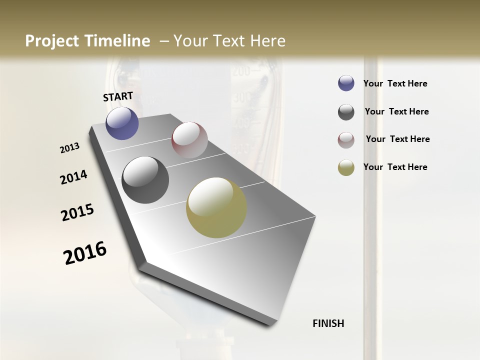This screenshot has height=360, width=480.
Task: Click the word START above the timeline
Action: pos(118,96)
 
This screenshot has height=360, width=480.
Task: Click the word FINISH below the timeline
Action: pos(328,323)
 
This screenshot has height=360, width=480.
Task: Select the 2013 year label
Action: pos(70,148)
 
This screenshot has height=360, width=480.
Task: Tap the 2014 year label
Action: pos(73,177)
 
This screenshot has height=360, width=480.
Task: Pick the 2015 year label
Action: pos(77,212)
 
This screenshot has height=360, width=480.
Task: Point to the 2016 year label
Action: pos(85,252)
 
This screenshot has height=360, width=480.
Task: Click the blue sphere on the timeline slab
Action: pos(122,123)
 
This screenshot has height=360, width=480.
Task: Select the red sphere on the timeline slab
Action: pos(189,139)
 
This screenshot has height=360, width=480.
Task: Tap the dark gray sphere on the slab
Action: pos(145,180)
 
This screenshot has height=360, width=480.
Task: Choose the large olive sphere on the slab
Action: pos(216,207)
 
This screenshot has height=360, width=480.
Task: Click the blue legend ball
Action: pos(346,83)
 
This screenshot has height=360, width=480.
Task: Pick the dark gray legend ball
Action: pos(346,112)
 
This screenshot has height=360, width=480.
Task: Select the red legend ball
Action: pos(346,140)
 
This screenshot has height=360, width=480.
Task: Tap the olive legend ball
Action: pos(346,167)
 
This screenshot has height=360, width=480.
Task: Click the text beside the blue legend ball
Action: pos(395,84)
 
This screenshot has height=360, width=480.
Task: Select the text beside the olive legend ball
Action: pos(395,167)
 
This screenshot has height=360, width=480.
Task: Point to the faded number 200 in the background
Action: pos(241,71)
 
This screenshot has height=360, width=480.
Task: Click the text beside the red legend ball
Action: pos(397,139)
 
